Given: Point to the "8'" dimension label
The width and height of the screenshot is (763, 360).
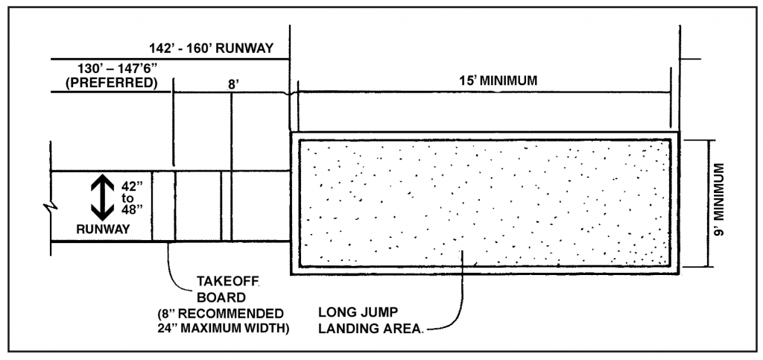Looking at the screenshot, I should (x=233, y=85).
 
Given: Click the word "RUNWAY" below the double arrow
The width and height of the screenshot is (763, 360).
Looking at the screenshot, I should (x=103, y=230).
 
